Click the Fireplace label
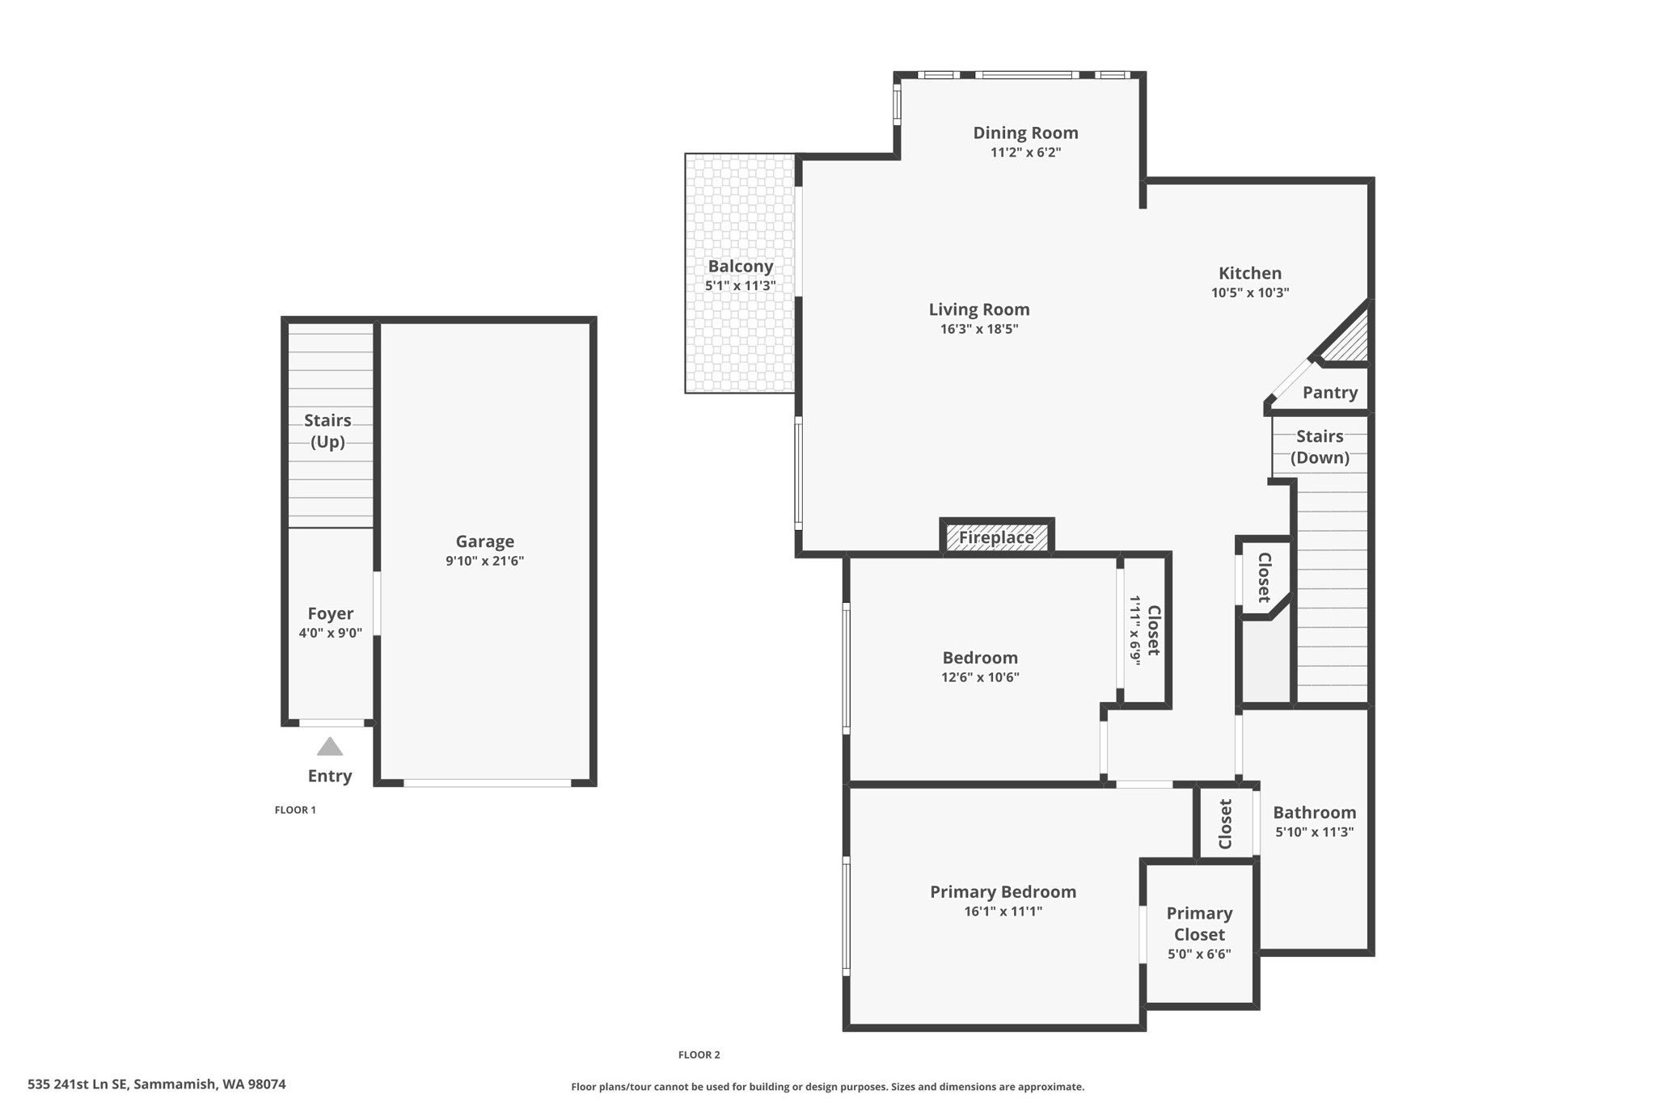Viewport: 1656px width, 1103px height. tap(996, 537)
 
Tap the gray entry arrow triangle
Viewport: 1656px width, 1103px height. tap(329, 747)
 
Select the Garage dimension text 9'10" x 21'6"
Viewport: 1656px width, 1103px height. tap(484, 561)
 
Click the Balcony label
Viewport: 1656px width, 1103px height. tap(740, 266)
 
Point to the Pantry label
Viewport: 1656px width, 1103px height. tap(1329, 393)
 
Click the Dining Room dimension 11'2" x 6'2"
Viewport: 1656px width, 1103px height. tap(1025, 153)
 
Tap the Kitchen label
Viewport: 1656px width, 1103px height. tap(1249, 273)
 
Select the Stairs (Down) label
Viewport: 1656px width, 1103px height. tap(1320, 447)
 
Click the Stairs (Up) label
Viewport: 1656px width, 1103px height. tap(327, 431)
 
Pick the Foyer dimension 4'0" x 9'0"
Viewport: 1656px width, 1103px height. tap(330, 634)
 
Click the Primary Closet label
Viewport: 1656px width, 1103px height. tap(1199, 924)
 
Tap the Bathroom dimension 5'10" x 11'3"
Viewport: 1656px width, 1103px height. tap(1314, 832)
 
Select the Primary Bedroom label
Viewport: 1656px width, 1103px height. tap(1003, 891)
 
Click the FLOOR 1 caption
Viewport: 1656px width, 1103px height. tap(295, 810)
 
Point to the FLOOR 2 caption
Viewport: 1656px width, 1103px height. tap(699, 1055)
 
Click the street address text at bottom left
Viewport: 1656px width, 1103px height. tap(157, 1084)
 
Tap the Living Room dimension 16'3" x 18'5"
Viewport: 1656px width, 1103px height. tap(978, 329)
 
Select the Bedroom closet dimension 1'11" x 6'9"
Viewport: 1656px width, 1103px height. tap(1135, 630)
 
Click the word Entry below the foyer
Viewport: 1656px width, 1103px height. tap(330, 776)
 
